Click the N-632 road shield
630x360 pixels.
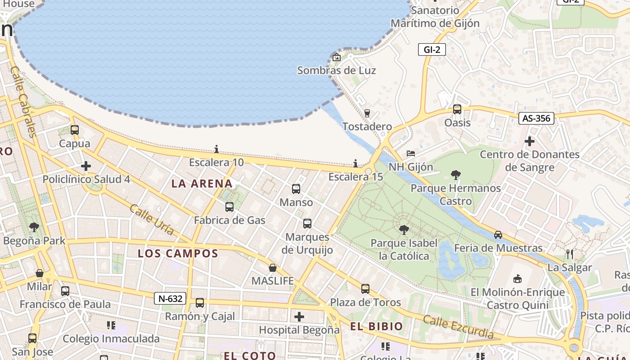pos(170,298)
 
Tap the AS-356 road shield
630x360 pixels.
pos(536,118)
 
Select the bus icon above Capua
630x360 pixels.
pos(75,130)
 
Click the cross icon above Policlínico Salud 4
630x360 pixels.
pos(86,166)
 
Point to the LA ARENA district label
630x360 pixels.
pos(202,184)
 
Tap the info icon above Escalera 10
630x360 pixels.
pos(216,149)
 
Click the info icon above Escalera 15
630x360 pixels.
pos(355,163)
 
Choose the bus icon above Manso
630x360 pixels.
pos(296,189)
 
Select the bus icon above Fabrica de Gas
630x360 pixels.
pos(229,207)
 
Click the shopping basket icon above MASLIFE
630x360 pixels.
pos(273,268)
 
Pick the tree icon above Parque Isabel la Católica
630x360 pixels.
pos(404,230)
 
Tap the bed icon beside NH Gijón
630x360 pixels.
pos(411,153)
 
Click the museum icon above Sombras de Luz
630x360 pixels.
pos(336,57)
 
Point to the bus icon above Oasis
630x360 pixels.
pos(457,109)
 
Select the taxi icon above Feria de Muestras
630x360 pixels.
pos(498,234)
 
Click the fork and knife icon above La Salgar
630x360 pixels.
pos(570,254)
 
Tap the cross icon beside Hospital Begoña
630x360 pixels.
pos(299,317)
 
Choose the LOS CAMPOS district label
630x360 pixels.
pos(178,253)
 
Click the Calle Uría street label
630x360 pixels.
pos(152,220)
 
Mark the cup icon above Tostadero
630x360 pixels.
pos(367,113)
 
